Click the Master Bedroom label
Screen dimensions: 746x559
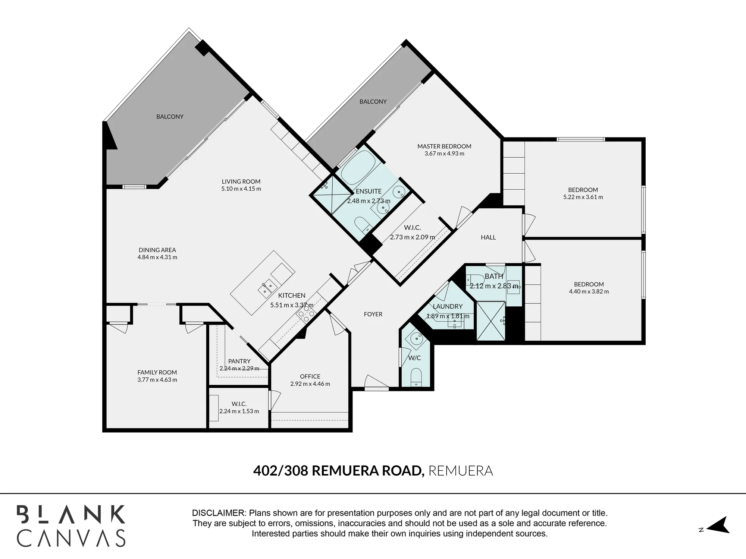(444, 146)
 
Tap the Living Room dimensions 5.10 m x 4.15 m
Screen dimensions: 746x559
(241, 189)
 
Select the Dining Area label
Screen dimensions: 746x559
(157, 250)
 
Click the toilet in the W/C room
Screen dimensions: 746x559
(416, 377)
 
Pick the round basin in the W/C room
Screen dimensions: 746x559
(416, 338)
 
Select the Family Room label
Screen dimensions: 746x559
(157, 372)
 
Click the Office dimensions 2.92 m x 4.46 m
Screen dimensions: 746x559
(310, 384)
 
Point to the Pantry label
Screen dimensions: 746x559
(239, 361)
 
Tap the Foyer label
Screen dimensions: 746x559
(373, 314)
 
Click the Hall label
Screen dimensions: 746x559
(488, 237)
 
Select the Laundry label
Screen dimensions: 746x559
(448, 306)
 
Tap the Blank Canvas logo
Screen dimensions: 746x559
(71, 525)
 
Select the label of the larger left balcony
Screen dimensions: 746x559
(170, 117)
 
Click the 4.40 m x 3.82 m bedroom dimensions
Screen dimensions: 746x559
(589, 291)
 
